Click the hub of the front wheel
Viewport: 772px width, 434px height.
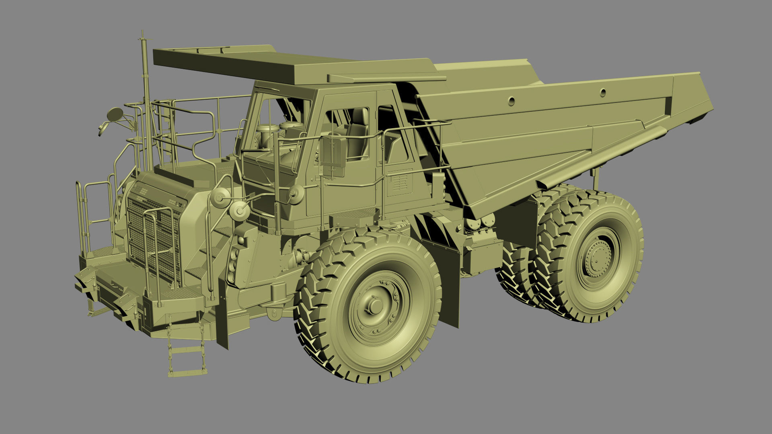pyautogui.click(x=376, y=306)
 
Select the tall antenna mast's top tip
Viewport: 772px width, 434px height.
pyautogui.click(x=142, y=32)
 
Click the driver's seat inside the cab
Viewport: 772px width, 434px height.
pyautogui.click(x=357, y=133)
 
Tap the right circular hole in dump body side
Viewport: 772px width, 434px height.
pyautogui.click(x=603, y=92)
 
